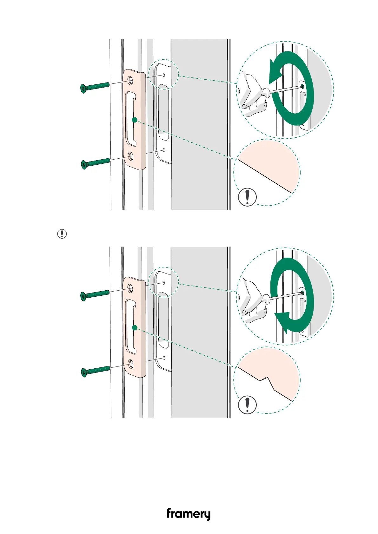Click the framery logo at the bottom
pyautogui.click(x=188, y=514)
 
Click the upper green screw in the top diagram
pyautogui.click(x=95, y=87)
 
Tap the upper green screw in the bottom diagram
pyautogui.click(x=95, y=294)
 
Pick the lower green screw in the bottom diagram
pyautogui.click(x=96, y=370)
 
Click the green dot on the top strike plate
pyautogui.click(x=135, y=120)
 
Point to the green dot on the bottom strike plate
pyautogui.click(x=135, y=328)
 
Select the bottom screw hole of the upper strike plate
pyautogui.click(x=130, y=155)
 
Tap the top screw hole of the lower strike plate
pyautogui.click(x=130, y=288)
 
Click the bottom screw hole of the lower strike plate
pyautogui.click(x=130, y=363)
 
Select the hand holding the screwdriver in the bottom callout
pyautogui.click(x=252, y=301)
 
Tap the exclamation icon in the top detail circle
pyautogui.click(x=247, y=197)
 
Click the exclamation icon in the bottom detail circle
pyautogui.click(x=247, y=405)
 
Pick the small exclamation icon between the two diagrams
pyautogui.click(x=62, y=234)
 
